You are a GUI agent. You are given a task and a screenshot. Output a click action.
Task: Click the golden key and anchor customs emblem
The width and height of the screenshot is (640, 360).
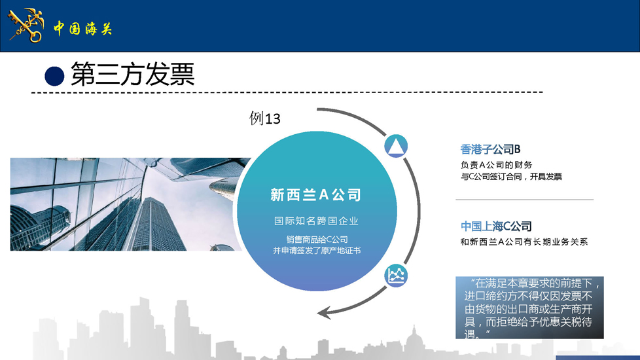pos(26,26)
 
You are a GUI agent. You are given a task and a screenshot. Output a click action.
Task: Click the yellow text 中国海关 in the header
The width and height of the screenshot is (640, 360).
pos(83,29)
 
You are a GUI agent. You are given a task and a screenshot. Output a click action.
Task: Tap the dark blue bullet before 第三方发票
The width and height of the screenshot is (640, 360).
pos(54,77)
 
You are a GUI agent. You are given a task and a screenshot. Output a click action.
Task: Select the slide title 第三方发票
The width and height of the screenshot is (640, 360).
pos(133,74)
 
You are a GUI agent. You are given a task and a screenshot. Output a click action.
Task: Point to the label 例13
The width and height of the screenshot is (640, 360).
pos(265,118)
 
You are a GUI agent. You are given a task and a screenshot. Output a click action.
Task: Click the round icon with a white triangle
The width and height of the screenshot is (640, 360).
pos(395,146)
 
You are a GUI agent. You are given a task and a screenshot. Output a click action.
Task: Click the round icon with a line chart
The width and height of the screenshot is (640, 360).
pos(396,276)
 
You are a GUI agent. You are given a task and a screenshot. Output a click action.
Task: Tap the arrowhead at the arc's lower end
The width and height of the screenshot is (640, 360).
pos(324,314)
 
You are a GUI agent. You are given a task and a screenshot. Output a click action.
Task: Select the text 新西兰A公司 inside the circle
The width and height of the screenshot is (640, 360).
pos(316,194)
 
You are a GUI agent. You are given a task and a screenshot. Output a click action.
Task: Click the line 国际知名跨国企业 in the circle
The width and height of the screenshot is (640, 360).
pos(316,221)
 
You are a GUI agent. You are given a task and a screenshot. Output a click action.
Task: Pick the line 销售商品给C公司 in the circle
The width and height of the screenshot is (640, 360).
pos(317,239)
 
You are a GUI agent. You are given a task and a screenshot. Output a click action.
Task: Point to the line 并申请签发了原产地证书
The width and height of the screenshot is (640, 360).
pos(317,250)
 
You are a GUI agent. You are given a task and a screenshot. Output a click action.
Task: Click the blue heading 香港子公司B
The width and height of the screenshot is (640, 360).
pos(490,149)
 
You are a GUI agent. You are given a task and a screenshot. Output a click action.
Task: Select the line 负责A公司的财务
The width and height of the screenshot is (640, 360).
pos(496,165)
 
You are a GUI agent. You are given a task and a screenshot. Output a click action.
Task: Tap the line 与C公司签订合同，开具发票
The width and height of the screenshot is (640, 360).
pos(512,176)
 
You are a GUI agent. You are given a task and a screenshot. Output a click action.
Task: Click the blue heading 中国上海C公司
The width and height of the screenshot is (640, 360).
pos(496,226)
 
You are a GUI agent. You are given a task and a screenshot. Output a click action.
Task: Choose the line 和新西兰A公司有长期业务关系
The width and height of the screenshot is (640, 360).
pos(524,242)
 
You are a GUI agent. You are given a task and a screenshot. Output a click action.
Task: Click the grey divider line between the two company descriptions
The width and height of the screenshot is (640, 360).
pos(524,200)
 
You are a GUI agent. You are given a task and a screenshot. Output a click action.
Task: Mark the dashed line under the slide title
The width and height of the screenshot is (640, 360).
pos(287,92)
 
